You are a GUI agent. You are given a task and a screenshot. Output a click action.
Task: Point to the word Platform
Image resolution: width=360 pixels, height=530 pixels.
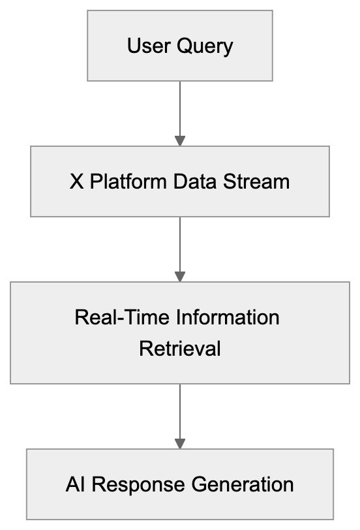click(x=128, y=181)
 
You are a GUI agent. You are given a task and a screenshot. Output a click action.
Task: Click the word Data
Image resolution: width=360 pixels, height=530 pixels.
click(x=194, y=181)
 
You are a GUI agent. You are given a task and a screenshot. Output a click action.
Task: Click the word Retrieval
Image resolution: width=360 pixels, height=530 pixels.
click(x=180, y=349)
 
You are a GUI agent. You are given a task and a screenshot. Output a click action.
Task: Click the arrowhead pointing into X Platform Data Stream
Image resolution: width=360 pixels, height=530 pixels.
click(x=180, y=141)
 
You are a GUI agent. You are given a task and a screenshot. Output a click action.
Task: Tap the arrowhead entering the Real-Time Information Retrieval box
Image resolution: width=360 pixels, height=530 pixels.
click(x=180, y=277)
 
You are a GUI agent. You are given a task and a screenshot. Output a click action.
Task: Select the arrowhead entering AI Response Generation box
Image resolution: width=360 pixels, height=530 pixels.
click(x=180, y=444)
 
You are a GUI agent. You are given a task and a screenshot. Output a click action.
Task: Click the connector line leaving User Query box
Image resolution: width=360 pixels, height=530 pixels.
click(x=180, y=108)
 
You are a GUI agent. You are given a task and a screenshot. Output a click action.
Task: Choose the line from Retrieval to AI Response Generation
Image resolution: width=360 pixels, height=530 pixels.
click(x=180, y=411)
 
